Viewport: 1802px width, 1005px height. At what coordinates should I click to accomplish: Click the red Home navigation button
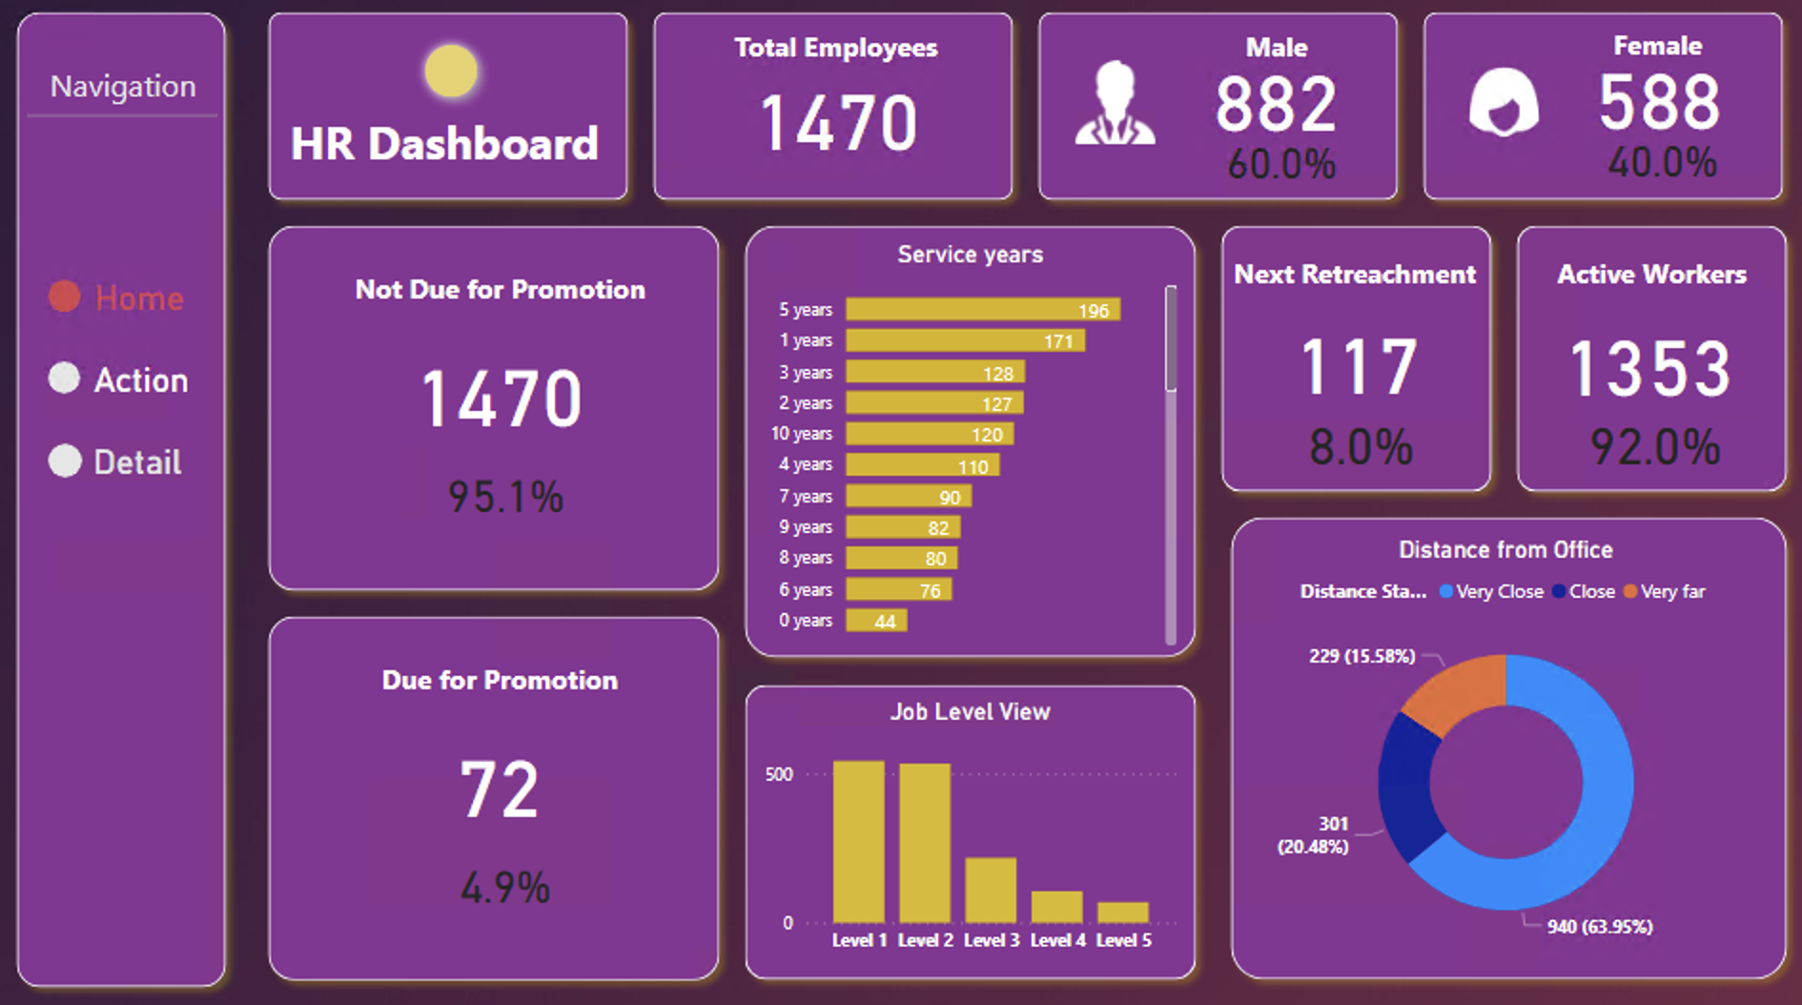point(116,297)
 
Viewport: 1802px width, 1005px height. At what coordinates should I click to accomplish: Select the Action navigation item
point(119,379)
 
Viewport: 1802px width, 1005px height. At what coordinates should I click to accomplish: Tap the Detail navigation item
point(115,461)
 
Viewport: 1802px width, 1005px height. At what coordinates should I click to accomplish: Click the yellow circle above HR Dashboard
point(450,72)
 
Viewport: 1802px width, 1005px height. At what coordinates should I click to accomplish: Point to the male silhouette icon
point(1115,104)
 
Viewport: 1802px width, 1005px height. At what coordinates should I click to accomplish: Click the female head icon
point(1504,103)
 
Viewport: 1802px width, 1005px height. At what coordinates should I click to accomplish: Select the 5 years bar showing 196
point(982,310)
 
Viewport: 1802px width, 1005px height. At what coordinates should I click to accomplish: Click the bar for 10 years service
point(929,435)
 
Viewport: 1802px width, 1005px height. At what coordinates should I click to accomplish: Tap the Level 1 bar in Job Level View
point(858,841)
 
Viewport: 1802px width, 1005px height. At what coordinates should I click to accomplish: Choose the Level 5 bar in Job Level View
point(1122,913)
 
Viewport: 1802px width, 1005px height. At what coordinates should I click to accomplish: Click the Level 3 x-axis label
point(991,941)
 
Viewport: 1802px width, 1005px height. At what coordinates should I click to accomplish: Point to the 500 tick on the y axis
point(779,774)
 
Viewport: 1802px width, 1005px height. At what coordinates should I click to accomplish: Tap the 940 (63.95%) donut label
point(1599,927)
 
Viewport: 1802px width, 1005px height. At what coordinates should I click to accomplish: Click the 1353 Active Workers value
point(1650,369)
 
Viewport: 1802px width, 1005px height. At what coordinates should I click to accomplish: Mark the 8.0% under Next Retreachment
point(1360,447)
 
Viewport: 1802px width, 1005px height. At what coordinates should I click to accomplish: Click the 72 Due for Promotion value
point(499,790)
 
